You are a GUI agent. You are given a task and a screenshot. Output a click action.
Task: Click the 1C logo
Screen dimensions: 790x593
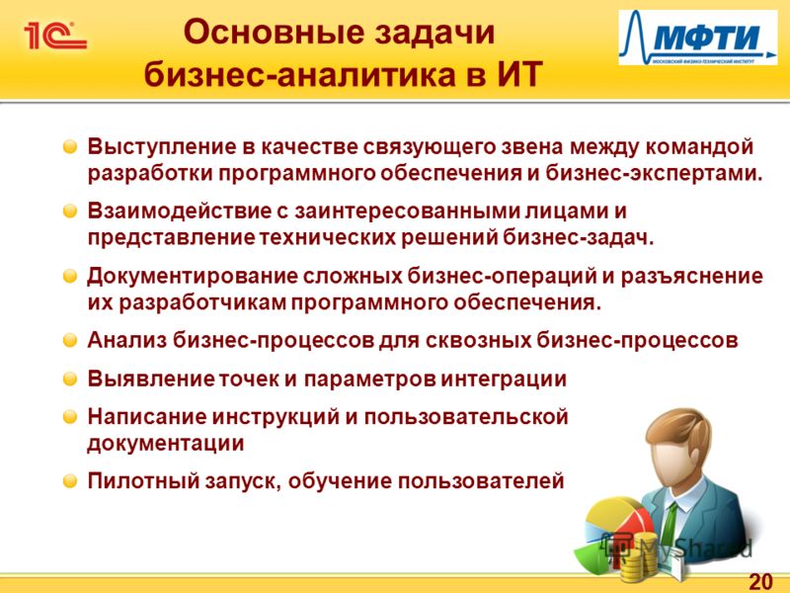pyautogui.click(x=55, y=36)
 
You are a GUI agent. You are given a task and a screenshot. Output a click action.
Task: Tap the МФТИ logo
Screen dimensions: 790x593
pyautogui.click(x=698, y=38)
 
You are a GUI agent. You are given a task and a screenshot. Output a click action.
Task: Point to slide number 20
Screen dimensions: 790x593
pyautogui.click(x=760, y=581)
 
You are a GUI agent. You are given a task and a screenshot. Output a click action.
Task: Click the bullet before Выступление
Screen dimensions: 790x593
pyautogui.click(x=70, y=146)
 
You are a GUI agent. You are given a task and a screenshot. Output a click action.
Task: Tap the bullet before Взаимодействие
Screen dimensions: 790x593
pyautogui.click(x=70, y=211)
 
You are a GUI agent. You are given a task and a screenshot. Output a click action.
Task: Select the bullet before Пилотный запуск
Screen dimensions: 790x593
pyautogui.click(x=70, y=481)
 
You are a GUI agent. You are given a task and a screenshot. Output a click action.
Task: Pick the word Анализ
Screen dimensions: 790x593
pyautogui.click(x=126, y=340)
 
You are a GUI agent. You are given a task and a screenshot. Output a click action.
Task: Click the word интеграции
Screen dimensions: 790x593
pyautogui.click(x=504, y=380)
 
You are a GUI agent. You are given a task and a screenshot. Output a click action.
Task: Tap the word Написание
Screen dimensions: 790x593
pyautogui.click(x=146, y=417)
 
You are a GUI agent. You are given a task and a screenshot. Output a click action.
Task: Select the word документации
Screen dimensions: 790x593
pyautogui.click(x=165, y=444)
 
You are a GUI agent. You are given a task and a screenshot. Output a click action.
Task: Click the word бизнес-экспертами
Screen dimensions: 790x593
pyautogui.click(x=654, y=174)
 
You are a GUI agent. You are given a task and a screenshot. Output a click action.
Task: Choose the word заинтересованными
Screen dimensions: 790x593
pyautogui.click(x=407, y=212)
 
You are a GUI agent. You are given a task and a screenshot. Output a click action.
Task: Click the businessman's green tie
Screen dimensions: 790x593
pyautogui.click(x=671, y=525)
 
